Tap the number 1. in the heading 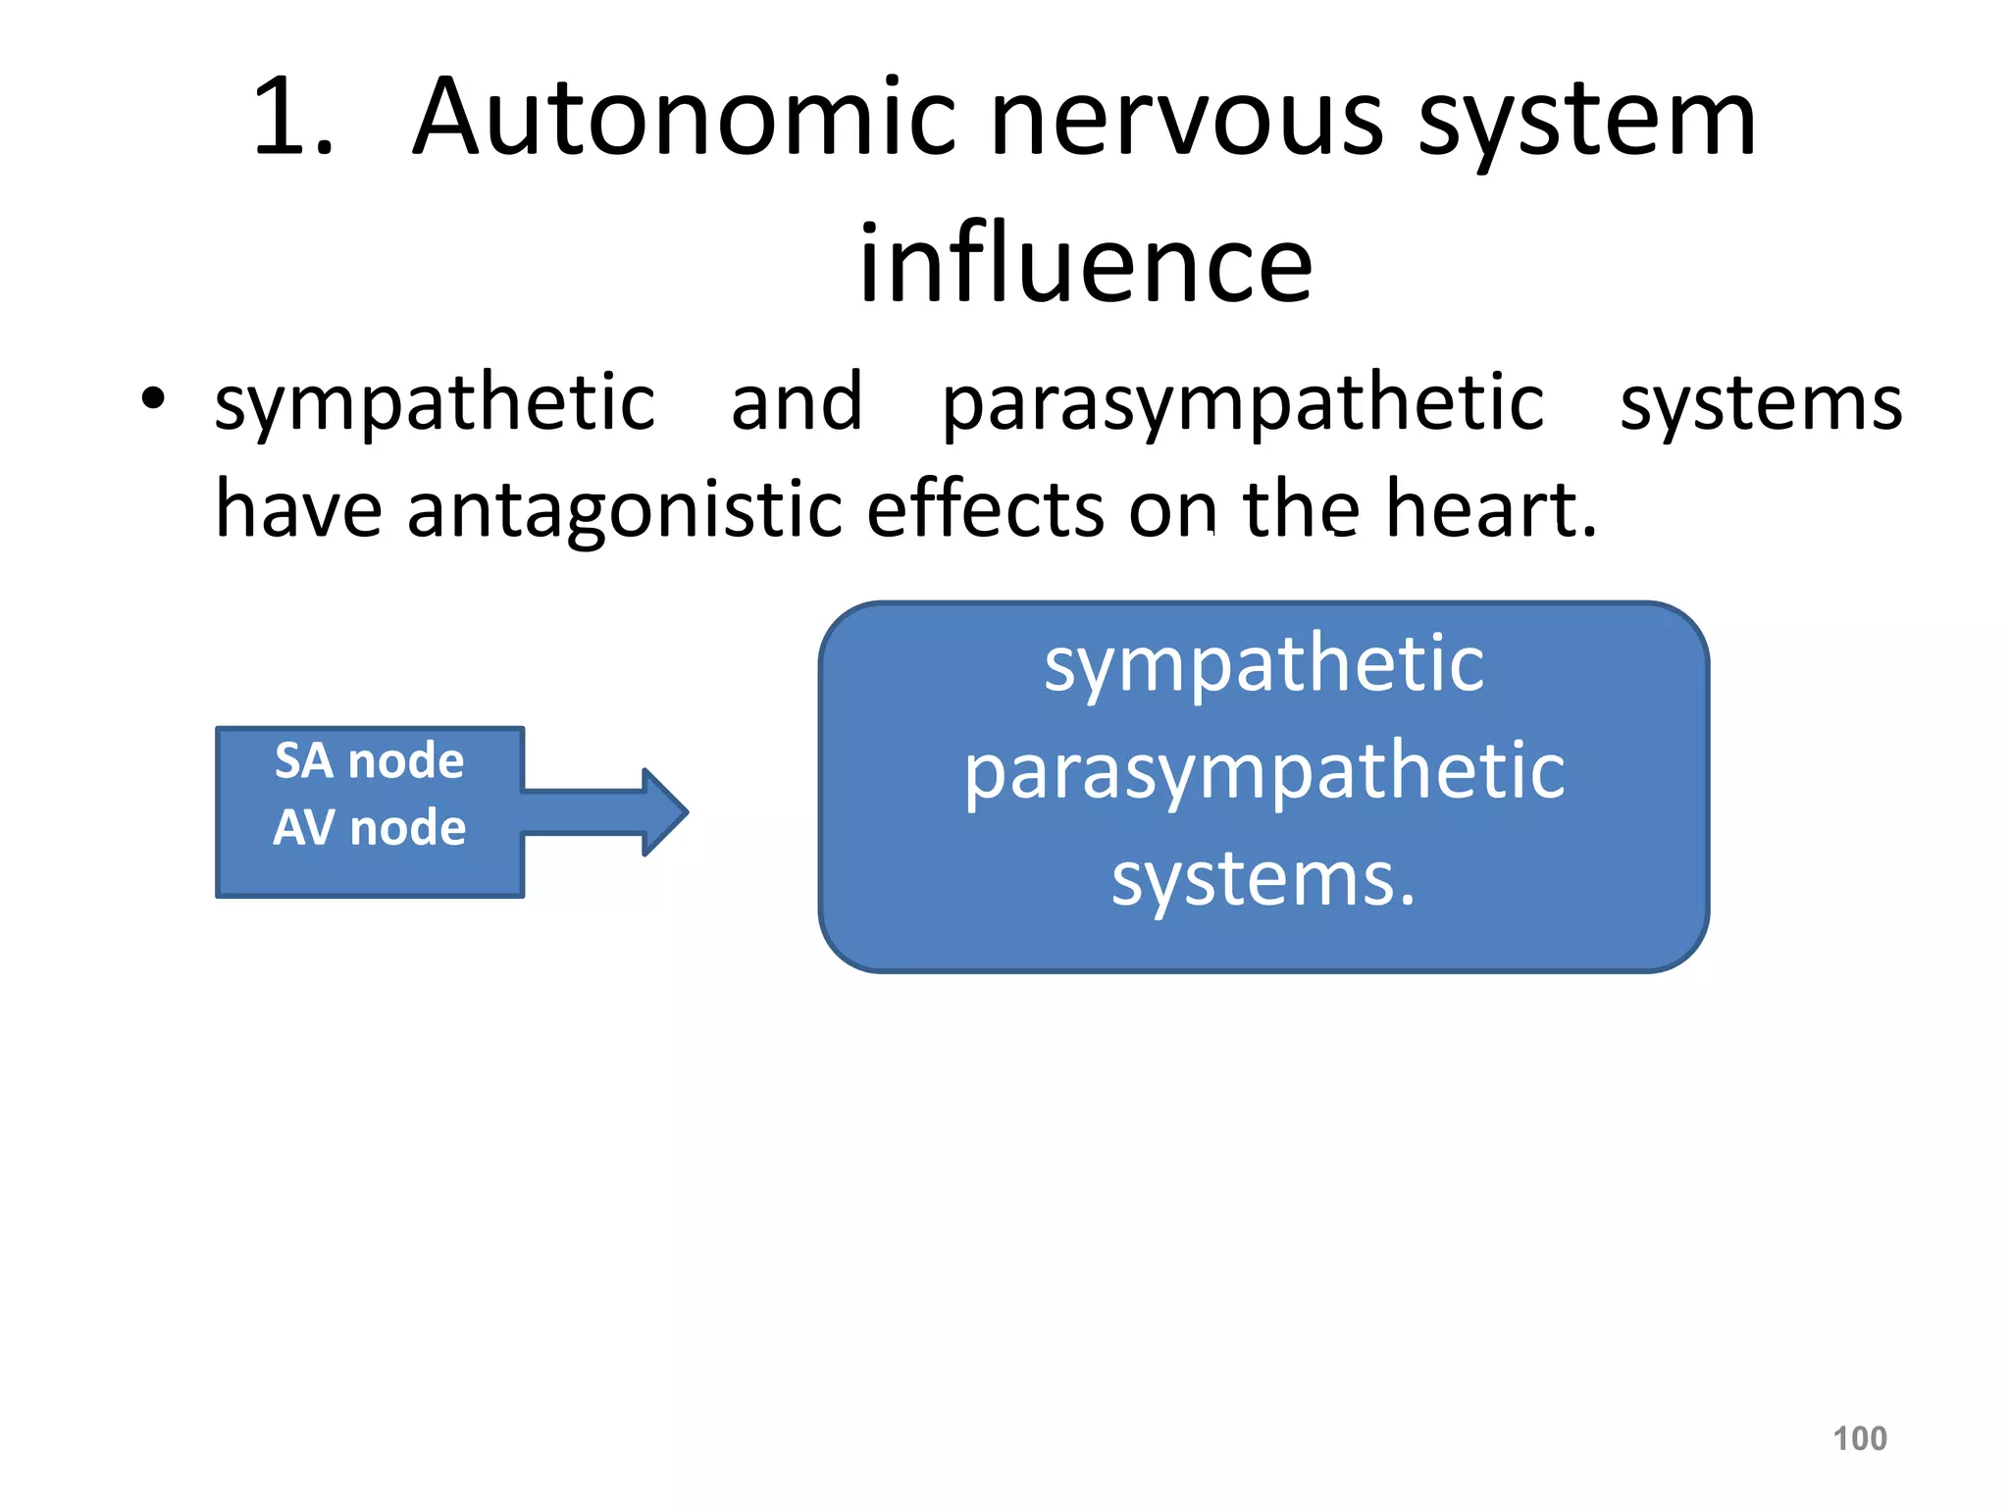(x=292, y=120)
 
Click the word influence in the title (x=1085, y=263)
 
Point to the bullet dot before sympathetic (x=152, y=399)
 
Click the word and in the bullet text (x=797, y=402)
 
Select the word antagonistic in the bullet (x=625, y=510)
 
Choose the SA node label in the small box (x=369, y=760)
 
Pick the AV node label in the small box (x=369, y=827)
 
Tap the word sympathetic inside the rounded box (x=1263, y=665)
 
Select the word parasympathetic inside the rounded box (x=1263, y=773)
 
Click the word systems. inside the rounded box (x=1263, y=878)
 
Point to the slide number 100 (x=1859, y=1438)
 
